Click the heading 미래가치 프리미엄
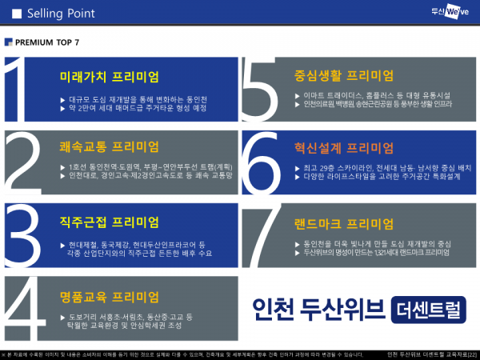click(x=110, y=77)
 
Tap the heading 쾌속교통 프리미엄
click(x=110, y=147)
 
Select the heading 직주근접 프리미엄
click(x=110, y=222)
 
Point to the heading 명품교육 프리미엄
click(x=110, y=296)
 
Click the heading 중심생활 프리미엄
click(x=344, y=76)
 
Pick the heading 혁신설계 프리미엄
click(x=344, y=147)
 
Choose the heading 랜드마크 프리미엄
click(x=344, y=223)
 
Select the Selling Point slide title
click(x=61, y=14)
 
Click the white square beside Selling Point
click(x=14, y=14)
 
